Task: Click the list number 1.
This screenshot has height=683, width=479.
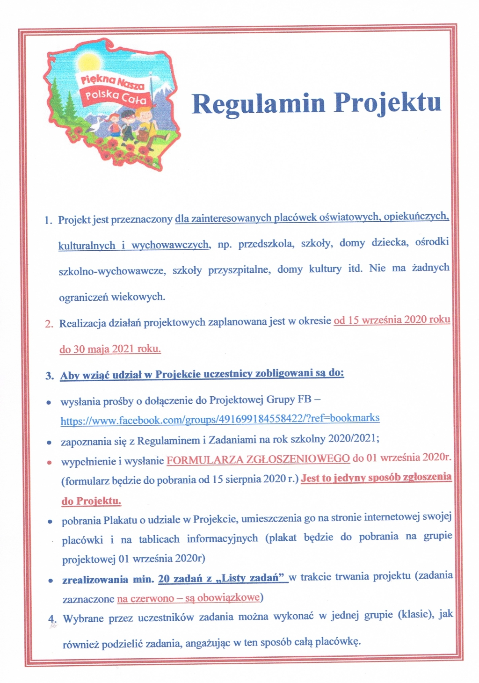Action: (48, 220)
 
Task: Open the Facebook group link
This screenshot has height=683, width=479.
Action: (220, 419)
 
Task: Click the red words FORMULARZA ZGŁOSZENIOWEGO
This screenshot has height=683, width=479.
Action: (258, 459)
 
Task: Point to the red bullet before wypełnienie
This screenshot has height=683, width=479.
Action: (49, 462)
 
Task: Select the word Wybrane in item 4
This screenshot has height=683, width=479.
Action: (83, 618)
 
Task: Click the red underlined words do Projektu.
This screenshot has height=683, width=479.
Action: (91, 501)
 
